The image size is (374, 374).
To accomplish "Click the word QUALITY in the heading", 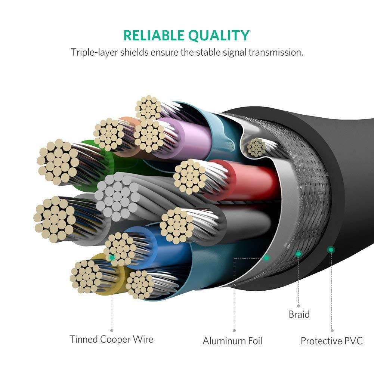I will pyautogui.click(x=219, y=35).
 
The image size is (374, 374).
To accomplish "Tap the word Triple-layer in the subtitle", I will pyautogui.click(x=94, y=52).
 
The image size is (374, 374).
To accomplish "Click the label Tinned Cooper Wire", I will pyautogui.click(x=111, y=339).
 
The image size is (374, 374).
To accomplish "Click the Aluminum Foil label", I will pyautogui.click(x=232, y=341).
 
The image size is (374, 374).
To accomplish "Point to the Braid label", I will pyautogui.click(x=299, y=314).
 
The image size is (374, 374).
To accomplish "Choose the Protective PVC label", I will pyautogui.click(x=331, y=341).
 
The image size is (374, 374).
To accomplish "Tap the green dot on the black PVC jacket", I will pyautogui.click(x=331, y=249).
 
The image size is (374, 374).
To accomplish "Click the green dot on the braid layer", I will pyautogui.click(x=298, y=254).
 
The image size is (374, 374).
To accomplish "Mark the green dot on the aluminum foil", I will pyautogui.click(x=266, y=257).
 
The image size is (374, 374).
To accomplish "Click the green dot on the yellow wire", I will pyautogui.click(x=111, y=257).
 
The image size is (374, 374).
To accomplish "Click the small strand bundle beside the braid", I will pyautogui.click(x=256, y=147).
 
